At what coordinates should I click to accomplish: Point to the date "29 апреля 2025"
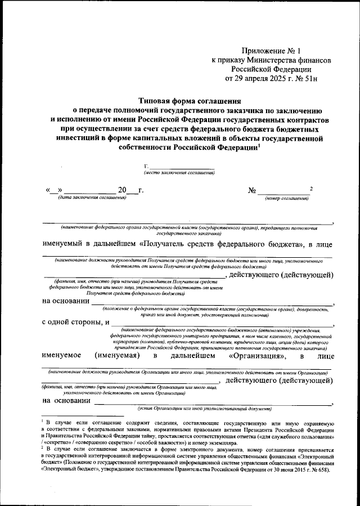click(x=262, y=78)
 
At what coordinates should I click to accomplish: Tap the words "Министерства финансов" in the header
click(x=290, y=59)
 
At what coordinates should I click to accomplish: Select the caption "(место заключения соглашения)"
click(x=179, y=172)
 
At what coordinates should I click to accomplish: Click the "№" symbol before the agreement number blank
click(x=253, y=190)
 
